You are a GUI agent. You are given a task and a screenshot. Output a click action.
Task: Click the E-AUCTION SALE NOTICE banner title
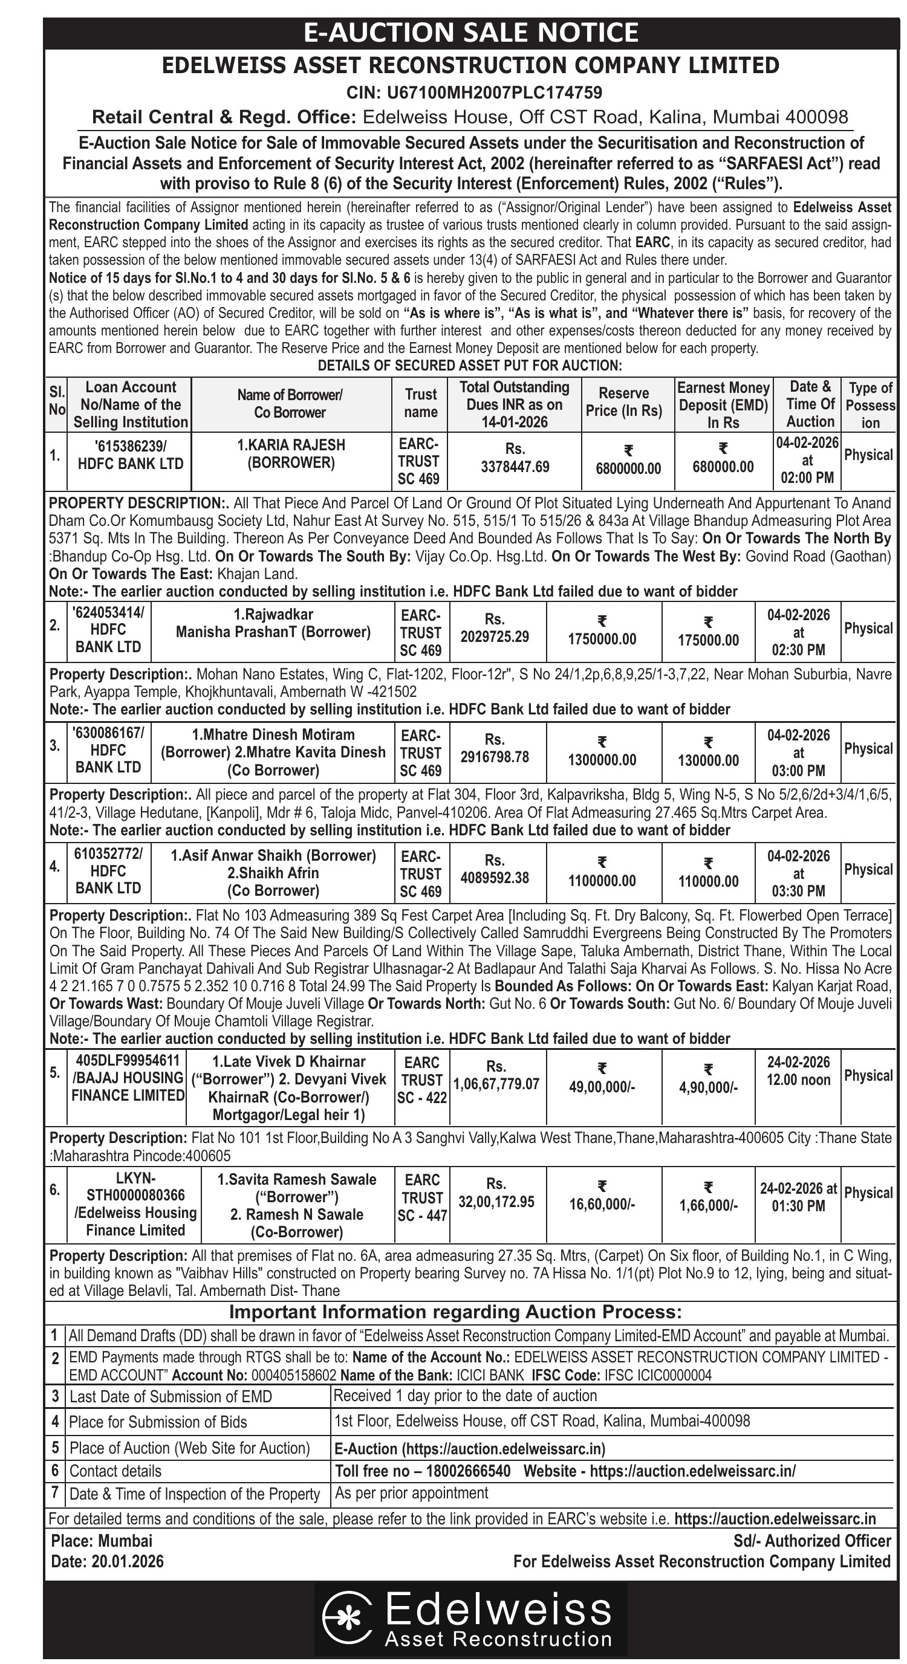[471, 32]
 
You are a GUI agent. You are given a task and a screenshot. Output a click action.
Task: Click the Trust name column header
[421, 403]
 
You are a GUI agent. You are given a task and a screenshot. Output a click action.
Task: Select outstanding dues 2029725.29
[494, 637]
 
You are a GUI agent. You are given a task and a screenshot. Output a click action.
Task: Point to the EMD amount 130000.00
[708, 760]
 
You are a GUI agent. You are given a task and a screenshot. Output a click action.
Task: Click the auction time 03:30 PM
[799, 892]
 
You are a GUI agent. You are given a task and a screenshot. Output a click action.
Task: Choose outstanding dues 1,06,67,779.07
[496, 1084]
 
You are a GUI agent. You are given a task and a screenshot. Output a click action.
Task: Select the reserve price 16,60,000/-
[602, 1205]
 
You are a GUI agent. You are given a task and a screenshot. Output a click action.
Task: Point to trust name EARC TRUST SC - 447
[422, 1197]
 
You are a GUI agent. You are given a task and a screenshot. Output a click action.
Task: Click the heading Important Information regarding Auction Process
[455, 1312]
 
